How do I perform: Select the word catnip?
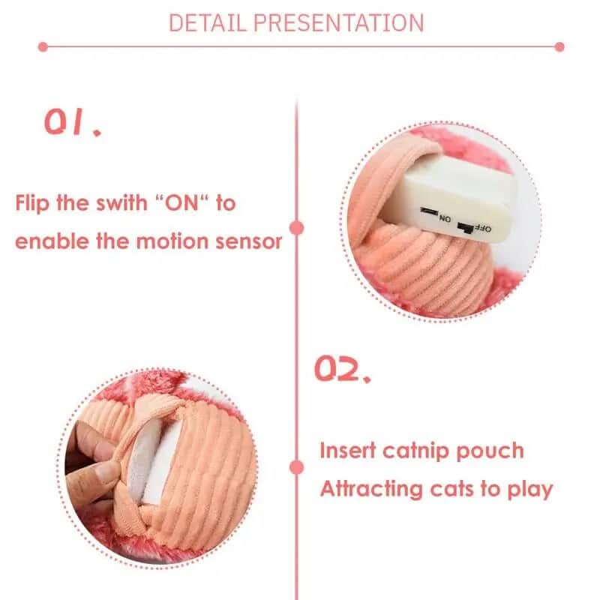tap(412, 451)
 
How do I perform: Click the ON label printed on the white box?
tap(445, 218)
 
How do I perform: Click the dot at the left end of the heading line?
tap(43, 46)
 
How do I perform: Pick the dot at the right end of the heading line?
tap(559, 46)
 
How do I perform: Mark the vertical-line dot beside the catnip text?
tap(298, 468)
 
